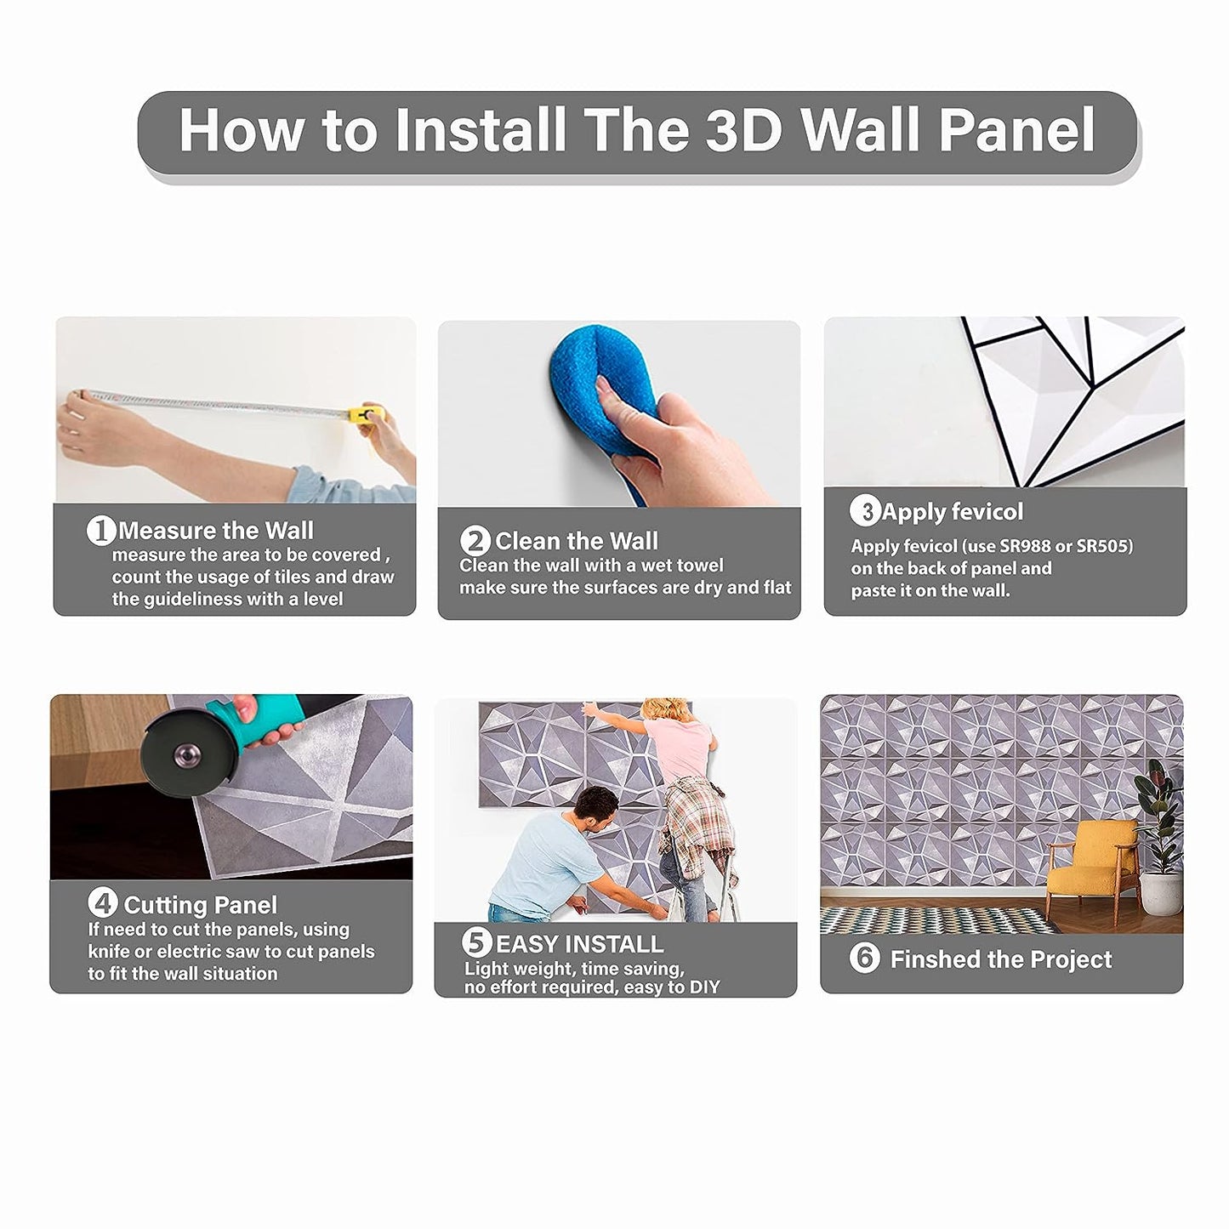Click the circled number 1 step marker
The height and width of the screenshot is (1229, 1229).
tap(100, 531)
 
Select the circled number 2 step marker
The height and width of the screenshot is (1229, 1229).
tap(475, 542)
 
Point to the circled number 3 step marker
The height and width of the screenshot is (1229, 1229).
tap(865, 511)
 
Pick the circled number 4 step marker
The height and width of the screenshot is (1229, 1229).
tap(103, 904)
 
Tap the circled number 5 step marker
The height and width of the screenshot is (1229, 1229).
tap(477, 943)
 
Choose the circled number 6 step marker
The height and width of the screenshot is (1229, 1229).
tap(865, 958)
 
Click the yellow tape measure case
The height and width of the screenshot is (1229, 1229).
tap(367, 414)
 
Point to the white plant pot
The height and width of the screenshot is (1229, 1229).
tap(1161, 894)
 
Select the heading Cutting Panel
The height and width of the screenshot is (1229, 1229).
tap(200, 905)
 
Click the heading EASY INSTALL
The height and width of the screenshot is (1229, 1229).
tap(579, 945)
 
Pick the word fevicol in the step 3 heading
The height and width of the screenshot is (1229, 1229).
tap(987, 511)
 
